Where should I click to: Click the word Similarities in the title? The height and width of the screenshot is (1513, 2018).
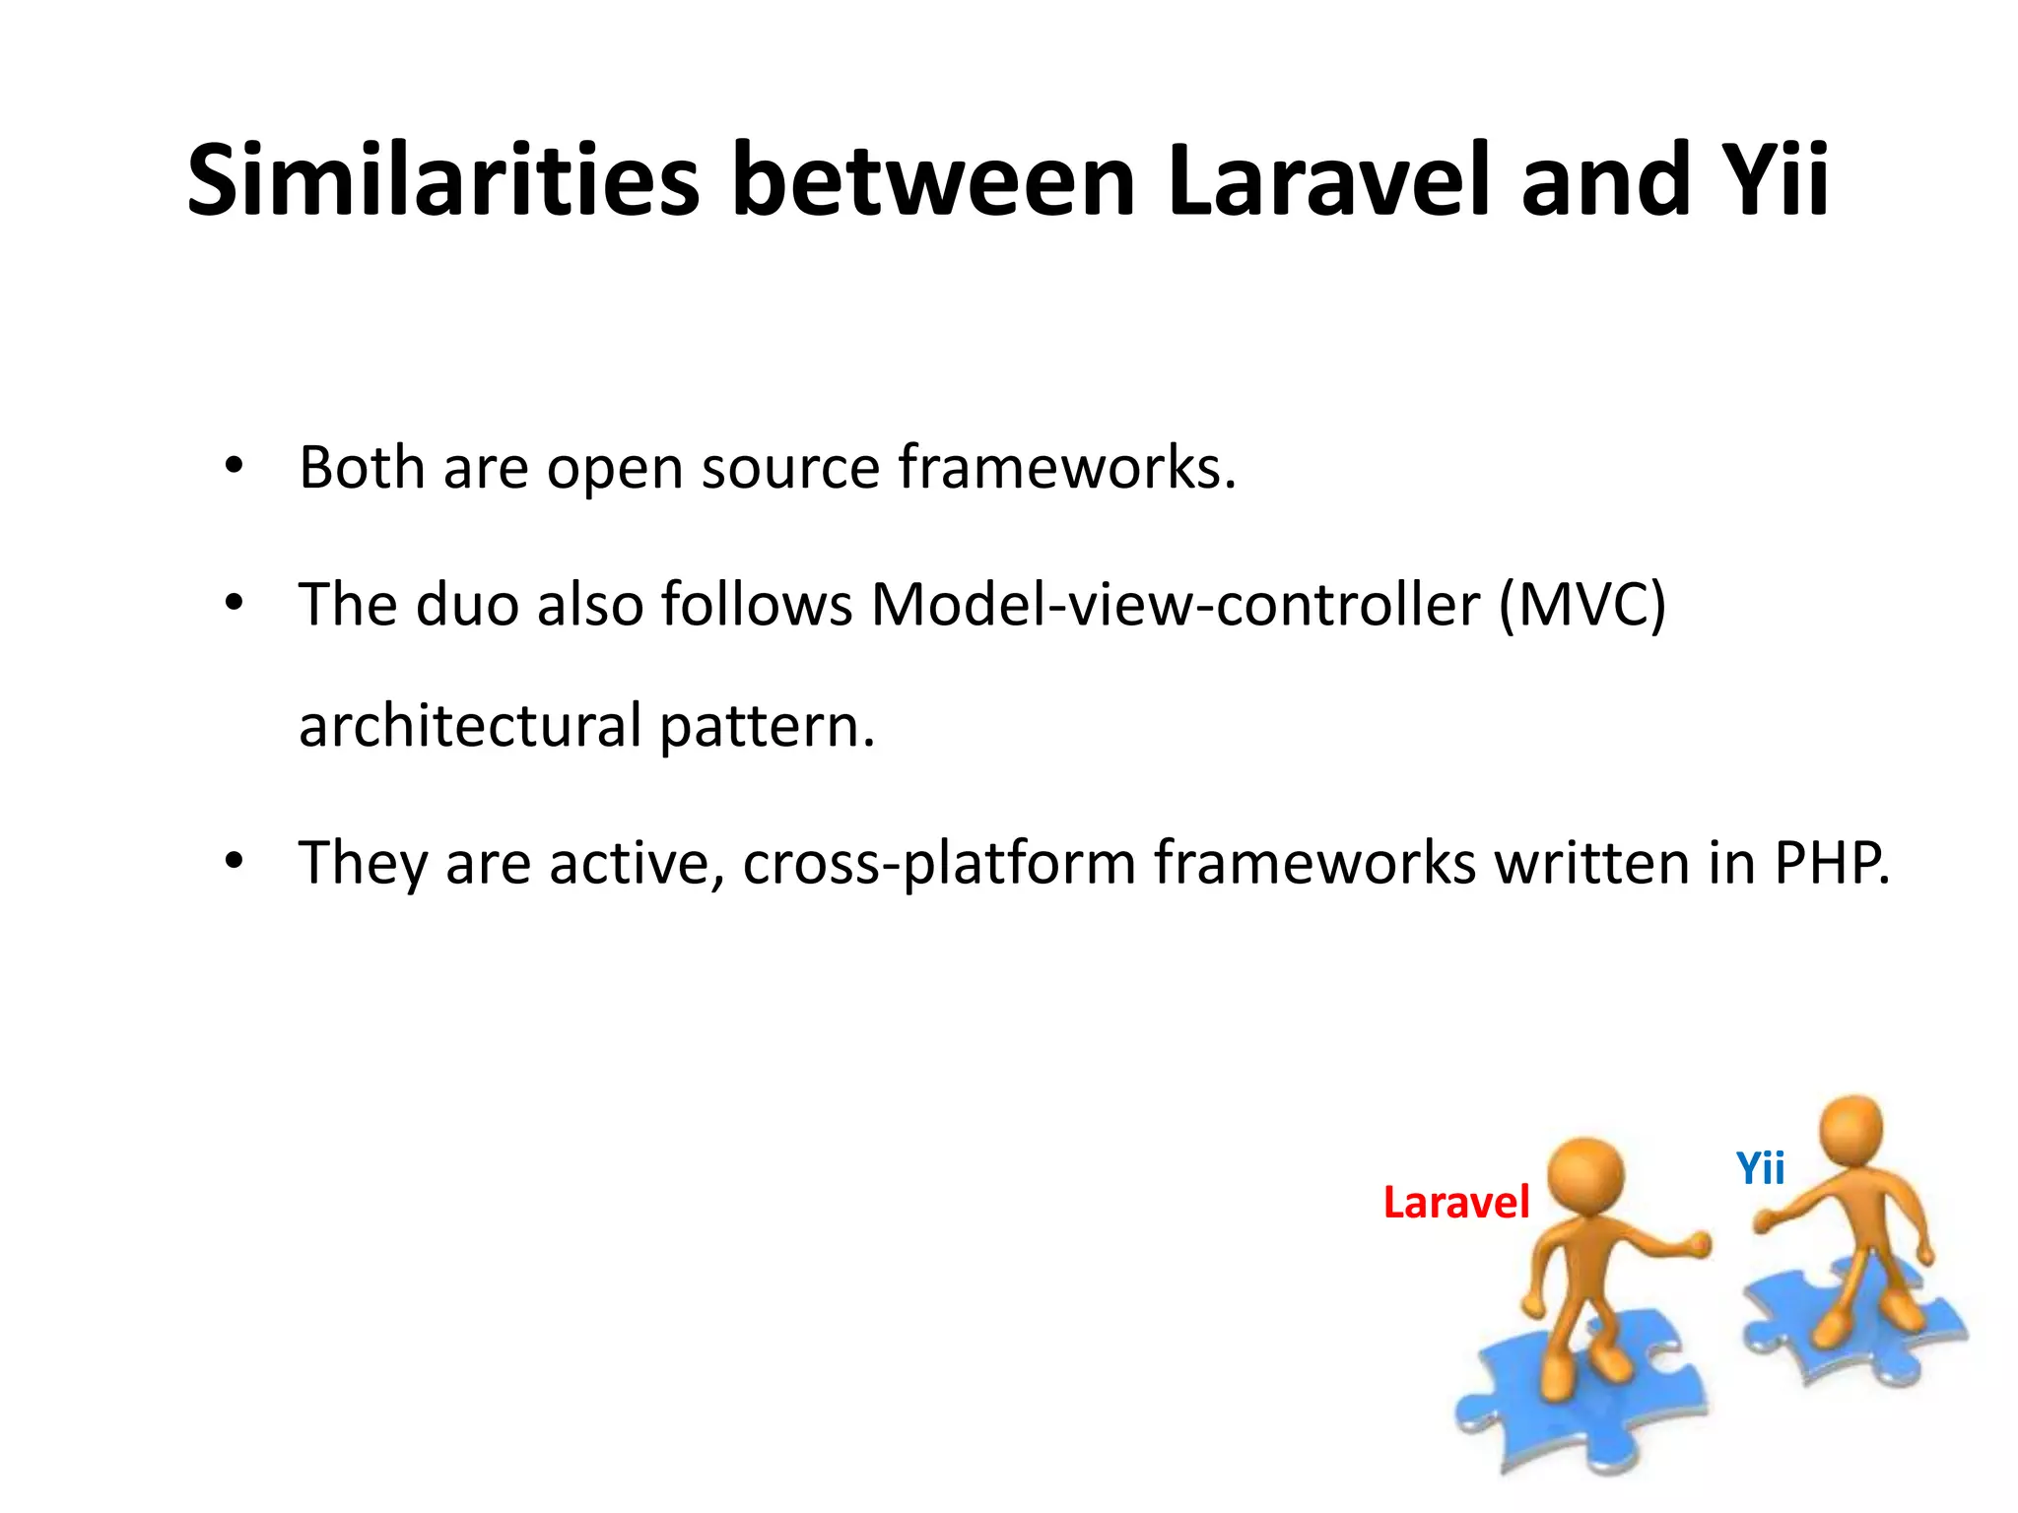pyautogui.click(x=443, y=181)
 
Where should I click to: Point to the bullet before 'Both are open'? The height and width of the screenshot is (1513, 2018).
pyautogui.click(x=234, y=467)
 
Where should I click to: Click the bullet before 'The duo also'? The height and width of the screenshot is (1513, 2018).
pyautogui.click(x=234, y=603)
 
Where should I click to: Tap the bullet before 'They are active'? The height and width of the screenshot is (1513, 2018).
pyautogui.click(x=234, y=862)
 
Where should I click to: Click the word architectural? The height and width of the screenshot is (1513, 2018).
pyautogui.click(x=470, y=726)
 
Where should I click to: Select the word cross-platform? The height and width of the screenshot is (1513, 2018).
pyautogui.click(x=939, y=864)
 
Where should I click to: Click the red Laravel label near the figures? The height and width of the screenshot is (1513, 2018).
pyautogui.click(x=1455, y=1203)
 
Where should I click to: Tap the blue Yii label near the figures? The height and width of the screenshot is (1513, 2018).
pyautogui.click(x=1760, y=1169)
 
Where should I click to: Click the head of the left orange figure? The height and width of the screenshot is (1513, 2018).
pyautogui.click(x=1584, y=1179)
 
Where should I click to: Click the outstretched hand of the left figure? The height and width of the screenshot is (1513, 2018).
pyautogui.click(x=1697, y=1245)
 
